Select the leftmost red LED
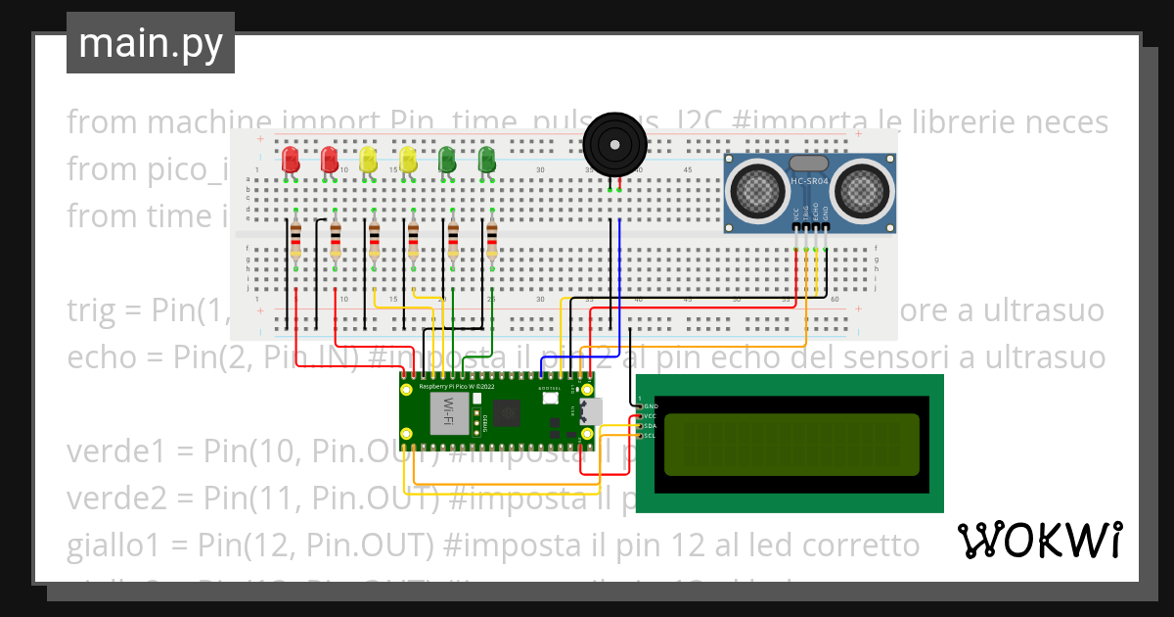click(290, 160)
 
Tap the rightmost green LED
click(486, 160)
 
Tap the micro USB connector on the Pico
click(591, 410)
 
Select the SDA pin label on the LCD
click(649, 426)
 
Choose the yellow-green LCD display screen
click(791, 443)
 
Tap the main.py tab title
click(150, 44)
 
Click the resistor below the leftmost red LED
click(295, 240)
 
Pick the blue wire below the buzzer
click(619, 264)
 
